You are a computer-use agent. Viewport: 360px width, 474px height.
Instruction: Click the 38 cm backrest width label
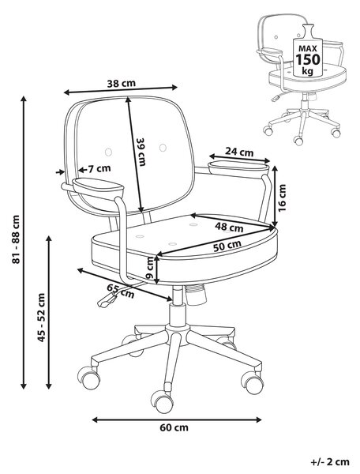[122, 83]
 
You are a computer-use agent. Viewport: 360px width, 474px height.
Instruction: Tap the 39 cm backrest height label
[141, 152]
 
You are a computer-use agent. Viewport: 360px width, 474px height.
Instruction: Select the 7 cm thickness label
[99, 168]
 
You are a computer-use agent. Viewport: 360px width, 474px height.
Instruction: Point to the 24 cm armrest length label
[239, 152]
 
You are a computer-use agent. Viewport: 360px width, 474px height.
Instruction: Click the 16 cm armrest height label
[282, 198]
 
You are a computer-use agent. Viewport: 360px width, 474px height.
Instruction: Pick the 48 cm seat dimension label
[229, 227]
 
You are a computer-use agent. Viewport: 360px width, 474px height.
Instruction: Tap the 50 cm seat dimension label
[227, 246]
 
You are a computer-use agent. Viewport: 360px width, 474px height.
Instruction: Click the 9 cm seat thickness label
[149, 268]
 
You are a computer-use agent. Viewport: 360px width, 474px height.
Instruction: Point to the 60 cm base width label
[174, 427]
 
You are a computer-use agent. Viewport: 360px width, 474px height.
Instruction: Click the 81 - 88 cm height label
[16, 239]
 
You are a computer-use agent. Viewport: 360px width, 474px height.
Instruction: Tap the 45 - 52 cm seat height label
[41, 318]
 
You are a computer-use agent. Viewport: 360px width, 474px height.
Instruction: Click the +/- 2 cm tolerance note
[330, 462]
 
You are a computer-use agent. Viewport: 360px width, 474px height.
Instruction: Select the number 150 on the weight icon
[307, 59]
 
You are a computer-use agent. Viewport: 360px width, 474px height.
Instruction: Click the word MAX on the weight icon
[308, 48]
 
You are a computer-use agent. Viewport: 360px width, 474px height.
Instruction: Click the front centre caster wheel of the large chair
[162, 401]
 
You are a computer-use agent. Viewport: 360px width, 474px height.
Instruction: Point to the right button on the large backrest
[163, 148]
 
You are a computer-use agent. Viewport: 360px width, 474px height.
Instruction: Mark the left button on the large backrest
[108, 152]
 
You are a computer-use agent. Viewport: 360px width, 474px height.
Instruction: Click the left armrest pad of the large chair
[98, 184]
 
